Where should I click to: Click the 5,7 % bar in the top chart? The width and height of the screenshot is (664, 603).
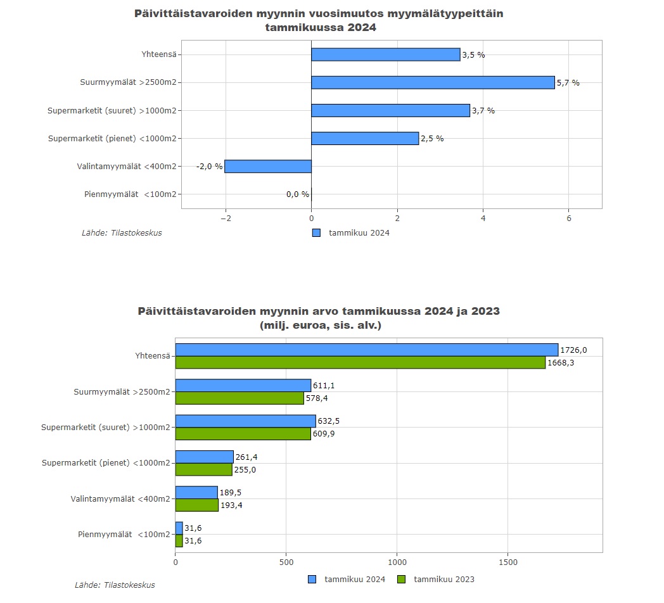[433, 82]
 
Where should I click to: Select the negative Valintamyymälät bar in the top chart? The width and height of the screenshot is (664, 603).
[268, 167]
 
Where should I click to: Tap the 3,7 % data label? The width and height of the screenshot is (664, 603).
[483, 111]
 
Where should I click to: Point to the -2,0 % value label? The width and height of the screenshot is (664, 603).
[210, 167]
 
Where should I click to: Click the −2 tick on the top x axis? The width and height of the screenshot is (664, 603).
[225, 219]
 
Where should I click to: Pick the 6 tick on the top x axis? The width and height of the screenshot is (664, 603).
[569, 219]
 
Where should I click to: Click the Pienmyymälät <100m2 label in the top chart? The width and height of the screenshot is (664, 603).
[130, 194]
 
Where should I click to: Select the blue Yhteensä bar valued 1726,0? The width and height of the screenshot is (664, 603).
[366, 350]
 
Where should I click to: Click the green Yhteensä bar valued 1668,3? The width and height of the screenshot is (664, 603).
[360, 363]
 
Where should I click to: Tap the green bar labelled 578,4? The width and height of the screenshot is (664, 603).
[239, 398]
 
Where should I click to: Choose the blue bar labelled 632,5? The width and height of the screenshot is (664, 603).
[245, 421]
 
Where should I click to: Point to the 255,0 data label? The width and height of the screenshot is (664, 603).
[245, 470]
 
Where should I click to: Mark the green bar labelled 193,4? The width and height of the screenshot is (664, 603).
[196, 505]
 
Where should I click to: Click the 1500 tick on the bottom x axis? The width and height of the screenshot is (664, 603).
[508, 562]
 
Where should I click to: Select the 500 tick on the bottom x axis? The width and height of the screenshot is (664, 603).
[286, 562]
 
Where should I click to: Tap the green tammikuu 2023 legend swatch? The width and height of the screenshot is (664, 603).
[401, 579]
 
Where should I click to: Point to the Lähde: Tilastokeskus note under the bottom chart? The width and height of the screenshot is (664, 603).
[115, 585]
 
